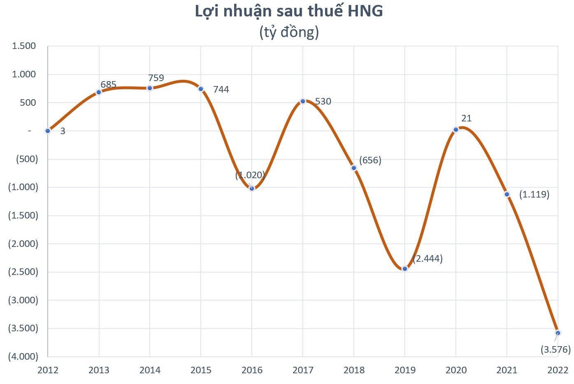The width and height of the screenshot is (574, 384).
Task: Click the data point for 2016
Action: pos(252,188)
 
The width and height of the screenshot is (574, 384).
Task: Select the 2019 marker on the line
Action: pos(405,269)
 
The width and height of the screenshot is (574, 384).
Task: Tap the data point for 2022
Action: pos(558,333)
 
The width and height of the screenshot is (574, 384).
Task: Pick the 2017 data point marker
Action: pos(303,101)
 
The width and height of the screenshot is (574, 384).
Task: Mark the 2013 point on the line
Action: pos(99,92)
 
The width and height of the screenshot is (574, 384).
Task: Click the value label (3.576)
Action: pos(555,350)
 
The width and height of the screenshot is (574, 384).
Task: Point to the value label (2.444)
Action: pos(428,259)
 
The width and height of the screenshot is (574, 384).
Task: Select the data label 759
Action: pos(156,78)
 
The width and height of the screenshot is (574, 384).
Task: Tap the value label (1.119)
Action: pos(534,194)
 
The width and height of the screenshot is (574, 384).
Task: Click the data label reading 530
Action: pos(323,101)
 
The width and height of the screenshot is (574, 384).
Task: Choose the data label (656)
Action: pos(370,160)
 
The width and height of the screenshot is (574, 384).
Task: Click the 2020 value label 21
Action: pos(466,119)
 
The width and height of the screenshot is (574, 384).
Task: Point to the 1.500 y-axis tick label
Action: pos(24,46)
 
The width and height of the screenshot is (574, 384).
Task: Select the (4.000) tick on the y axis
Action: pos(23,356)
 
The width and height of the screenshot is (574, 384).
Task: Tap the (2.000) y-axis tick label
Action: pos(23,244)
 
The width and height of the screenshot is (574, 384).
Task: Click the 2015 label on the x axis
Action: pos(201,370)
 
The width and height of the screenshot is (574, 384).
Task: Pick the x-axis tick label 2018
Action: pos(354,370)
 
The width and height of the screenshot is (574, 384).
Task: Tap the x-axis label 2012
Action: pos(48,370)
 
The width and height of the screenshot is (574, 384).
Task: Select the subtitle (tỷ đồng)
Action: pos(289,32)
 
